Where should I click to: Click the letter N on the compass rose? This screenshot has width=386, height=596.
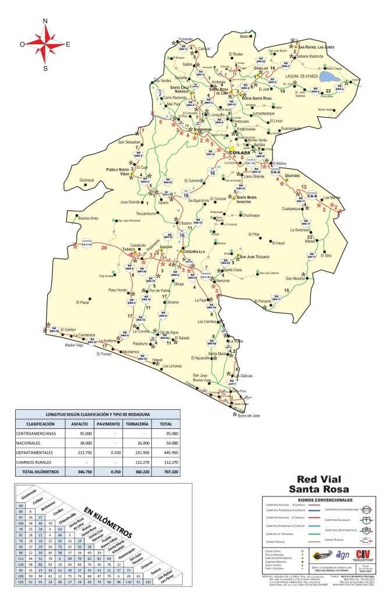pos(45,22)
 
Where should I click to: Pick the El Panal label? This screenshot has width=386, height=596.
pos(84,303)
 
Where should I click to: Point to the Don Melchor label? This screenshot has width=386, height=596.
pos(311,279)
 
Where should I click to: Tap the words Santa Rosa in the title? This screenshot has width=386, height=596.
pos(322,487)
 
